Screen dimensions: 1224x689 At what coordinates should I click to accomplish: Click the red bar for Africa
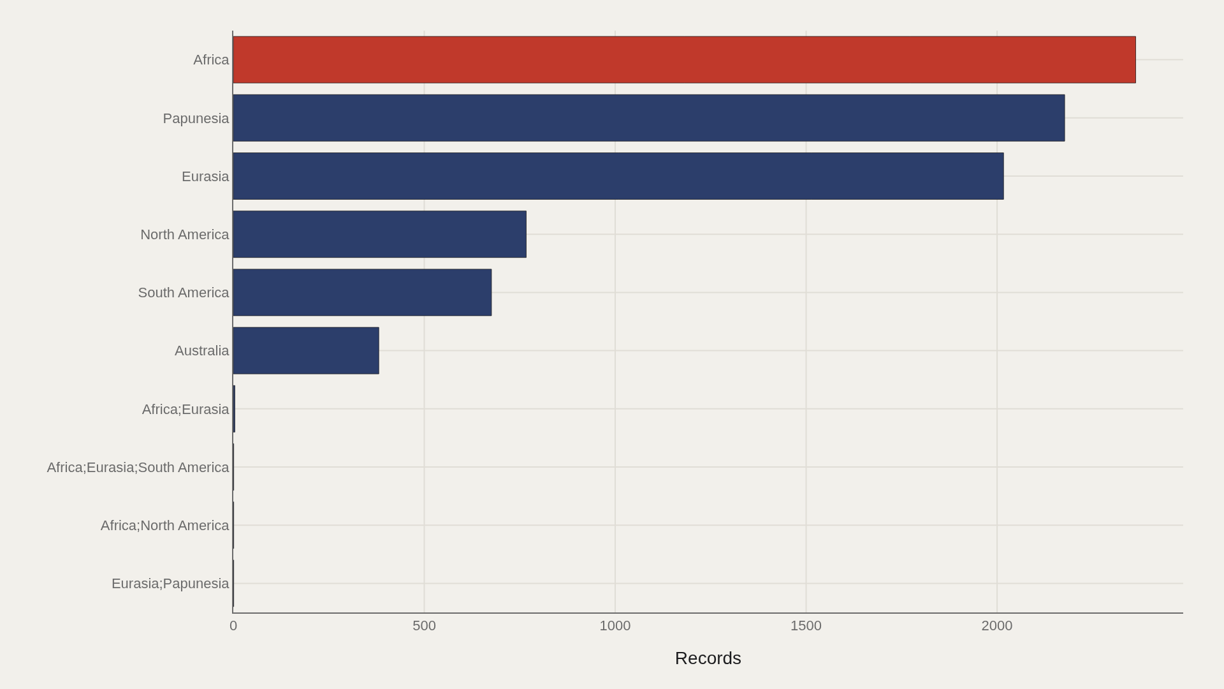[684, 60]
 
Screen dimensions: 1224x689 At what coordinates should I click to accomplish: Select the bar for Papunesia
[649, 118]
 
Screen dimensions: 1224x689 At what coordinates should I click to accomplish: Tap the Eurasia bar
[618, 176]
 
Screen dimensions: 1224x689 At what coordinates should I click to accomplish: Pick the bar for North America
[380, 234]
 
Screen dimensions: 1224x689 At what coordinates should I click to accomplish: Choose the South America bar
[362, 292]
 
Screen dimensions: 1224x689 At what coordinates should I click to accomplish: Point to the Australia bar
[306, 351]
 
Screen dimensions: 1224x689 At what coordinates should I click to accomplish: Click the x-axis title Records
[708, 658]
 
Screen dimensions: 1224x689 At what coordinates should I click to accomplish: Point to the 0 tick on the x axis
[233, 626]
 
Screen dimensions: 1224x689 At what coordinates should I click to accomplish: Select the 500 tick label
[424, 626]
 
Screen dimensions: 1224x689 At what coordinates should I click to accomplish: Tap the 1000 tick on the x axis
[615, 626]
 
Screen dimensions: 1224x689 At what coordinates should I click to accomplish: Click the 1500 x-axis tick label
[806, 626]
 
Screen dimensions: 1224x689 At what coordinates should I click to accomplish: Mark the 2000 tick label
[997, 626]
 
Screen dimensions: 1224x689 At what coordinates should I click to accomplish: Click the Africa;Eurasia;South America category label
[138, 468]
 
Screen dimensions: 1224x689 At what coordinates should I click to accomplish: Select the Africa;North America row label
[164, 526]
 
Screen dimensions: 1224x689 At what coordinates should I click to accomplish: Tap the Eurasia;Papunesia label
[170, 584]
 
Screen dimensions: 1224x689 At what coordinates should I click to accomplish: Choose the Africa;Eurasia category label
[186, 410]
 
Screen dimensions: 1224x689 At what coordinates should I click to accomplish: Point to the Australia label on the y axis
[201, 351]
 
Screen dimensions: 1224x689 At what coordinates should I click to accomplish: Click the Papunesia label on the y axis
[196, 119]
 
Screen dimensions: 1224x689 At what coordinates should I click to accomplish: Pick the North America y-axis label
[184, 235]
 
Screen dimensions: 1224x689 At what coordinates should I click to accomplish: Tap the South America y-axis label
[184, 293]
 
